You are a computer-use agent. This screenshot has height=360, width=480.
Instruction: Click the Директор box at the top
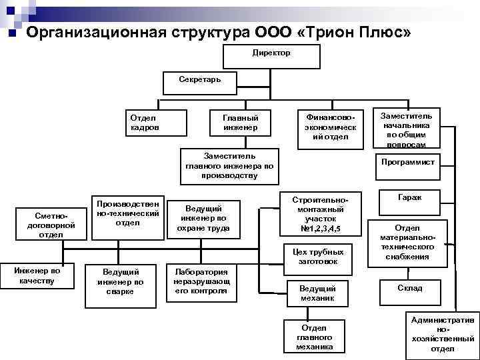[271, 55]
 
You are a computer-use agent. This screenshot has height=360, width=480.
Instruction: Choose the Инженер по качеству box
[37, 279]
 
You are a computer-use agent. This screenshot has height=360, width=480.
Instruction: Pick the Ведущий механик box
[317, 295]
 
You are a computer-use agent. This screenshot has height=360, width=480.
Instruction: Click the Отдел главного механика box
[314, 337]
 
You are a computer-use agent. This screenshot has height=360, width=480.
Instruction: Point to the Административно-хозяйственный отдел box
[442, 334]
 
